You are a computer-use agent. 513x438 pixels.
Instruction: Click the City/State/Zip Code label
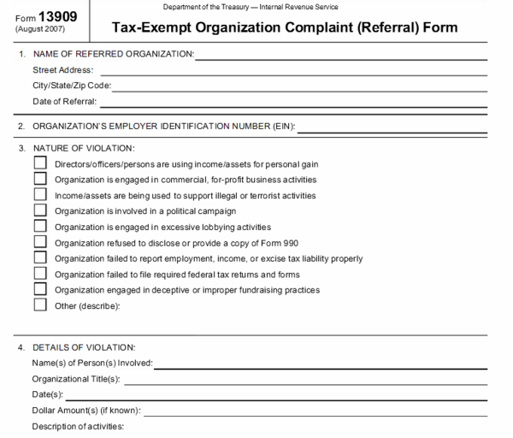[72, 86]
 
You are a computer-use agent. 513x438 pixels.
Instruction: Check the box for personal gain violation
[40, 163]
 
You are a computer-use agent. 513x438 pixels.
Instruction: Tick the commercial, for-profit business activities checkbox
[40, 179]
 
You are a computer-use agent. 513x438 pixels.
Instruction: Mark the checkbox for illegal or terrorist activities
[40, 194]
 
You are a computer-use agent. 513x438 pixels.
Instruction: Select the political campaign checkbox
[40, 210]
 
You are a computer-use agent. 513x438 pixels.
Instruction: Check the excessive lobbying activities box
[40, 226]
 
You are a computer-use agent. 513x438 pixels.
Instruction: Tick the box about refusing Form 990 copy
[40, 242]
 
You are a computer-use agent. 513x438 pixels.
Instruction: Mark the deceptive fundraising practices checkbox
[40, 289]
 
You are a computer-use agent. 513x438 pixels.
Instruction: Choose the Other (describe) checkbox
[40, 305]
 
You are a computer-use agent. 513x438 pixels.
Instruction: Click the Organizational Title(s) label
[75, 379]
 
